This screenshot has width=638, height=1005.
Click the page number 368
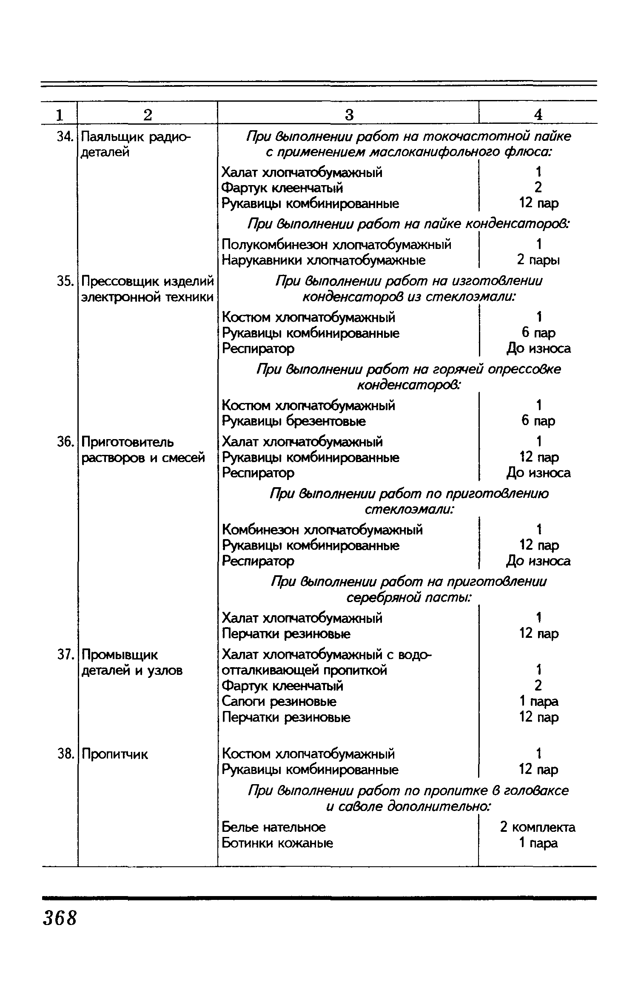(60, 918)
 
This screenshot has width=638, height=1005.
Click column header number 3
(349, 114)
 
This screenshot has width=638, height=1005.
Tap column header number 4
(538, 114)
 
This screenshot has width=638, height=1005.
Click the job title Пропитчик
(114, 754)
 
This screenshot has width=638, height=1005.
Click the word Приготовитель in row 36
(128, 442)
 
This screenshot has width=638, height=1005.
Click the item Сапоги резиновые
(279, 702)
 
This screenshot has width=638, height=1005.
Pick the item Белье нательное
(274, 827)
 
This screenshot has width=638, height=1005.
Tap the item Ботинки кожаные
(278, 843)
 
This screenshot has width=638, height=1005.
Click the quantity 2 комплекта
(538, 827)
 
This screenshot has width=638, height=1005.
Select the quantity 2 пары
(538, 260)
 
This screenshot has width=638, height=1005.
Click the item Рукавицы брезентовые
(294, 421)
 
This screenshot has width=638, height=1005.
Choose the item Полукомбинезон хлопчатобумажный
(336, 245)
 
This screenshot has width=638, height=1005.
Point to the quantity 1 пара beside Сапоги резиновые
(538, 702)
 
